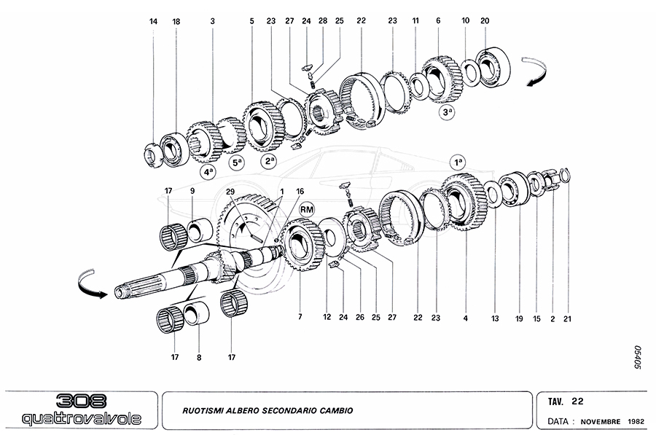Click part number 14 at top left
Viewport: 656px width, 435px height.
tap(154, 22)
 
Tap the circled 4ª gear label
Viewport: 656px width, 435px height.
tap(208, 173)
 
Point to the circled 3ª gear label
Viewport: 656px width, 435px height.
tap(447, 112)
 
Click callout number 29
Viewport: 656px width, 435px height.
tap(230, 192)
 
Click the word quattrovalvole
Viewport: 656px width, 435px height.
tap(79, 418)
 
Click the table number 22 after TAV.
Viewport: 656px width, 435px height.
tap(577, 401)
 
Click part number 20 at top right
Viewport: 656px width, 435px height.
tap(485, 22)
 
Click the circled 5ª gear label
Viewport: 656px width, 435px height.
tap(236, 165)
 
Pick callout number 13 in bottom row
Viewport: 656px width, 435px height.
tap(495, 318)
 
